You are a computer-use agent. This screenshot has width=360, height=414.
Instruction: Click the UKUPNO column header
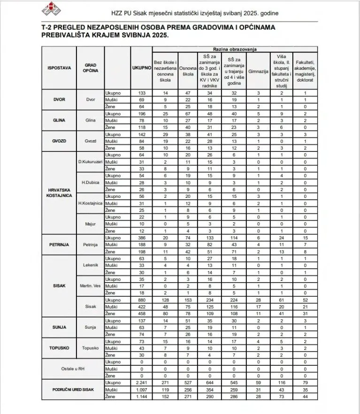pos(141,68)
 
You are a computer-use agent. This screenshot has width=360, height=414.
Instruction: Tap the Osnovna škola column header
pos(188,71)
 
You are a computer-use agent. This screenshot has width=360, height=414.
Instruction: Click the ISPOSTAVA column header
pos(59,68)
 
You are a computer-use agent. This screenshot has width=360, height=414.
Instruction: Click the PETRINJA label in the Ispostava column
pos(59,244)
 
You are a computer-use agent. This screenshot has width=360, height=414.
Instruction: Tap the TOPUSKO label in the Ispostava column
pos(59,348)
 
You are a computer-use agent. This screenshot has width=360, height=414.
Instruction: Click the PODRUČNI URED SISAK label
pos(73,390)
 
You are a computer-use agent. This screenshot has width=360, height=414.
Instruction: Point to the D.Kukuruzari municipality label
pos(91,162)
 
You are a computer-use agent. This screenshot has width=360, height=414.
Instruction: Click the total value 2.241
pos(141,383)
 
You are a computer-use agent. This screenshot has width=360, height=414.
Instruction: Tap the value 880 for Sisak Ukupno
pos(141,300)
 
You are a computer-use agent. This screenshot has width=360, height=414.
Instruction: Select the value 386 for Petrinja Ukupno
pos(141,238)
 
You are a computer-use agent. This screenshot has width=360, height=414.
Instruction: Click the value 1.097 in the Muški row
pos(141,390)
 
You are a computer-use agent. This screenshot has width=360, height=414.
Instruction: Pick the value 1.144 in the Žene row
pos(141,397)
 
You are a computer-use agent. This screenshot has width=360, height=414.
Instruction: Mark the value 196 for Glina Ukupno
pos(141,113)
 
